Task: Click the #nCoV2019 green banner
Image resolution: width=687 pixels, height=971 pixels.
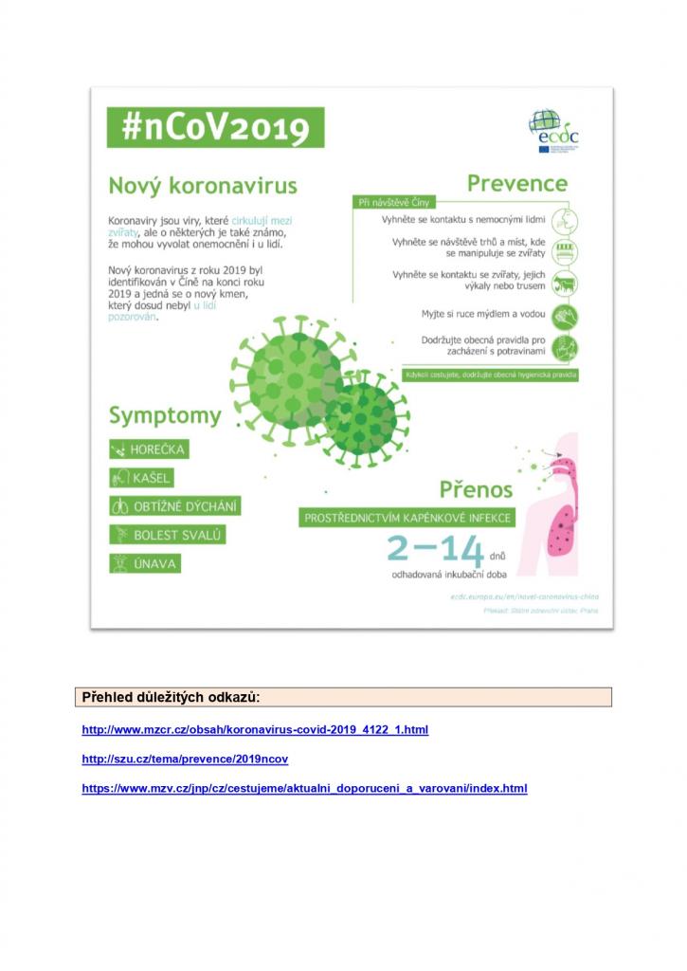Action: (x=215, y=127)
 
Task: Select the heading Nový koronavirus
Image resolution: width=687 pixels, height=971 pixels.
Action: (x=202, y=185)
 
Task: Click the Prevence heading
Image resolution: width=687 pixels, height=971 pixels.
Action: (x=516, y=183)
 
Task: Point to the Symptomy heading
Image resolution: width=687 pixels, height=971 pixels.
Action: (x=165, y=415)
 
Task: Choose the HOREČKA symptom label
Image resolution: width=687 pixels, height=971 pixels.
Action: (x=149, y=449)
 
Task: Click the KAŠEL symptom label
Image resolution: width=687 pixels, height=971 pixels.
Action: (x=141, y=478)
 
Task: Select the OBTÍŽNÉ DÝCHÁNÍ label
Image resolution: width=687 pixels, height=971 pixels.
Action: (x=174, y=506)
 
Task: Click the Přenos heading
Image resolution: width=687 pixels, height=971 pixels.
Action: (x=476, y=489)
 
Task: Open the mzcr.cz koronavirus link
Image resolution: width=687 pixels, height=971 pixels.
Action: (x=255, y=730)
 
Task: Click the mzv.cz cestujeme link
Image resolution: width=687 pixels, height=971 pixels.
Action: (x=304, y=788)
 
